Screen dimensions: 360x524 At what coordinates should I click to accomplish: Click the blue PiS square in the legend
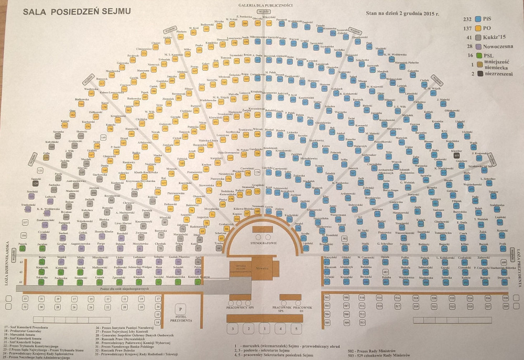point(477,19)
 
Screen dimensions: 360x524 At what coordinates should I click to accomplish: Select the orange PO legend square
point(477,28)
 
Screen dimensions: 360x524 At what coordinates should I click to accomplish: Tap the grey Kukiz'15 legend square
point(477,37)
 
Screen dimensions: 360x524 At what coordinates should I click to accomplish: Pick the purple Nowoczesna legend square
point(477,46)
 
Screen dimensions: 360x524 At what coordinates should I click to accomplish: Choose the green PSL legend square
point(477,55)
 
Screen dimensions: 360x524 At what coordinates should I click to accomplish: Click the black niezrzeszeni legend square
point(477,74)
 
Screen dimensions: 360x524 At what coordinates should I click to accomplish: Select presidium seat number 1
point(265,329)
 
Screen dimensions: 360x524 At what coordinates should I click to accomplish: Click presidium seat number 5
point(296,329)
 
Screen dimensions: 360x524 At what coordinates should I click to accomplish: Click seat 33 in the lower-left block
point(25,299)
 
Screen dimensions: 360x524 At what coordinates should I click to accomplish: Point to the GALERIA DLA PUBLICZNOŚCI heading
point(265,5)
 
